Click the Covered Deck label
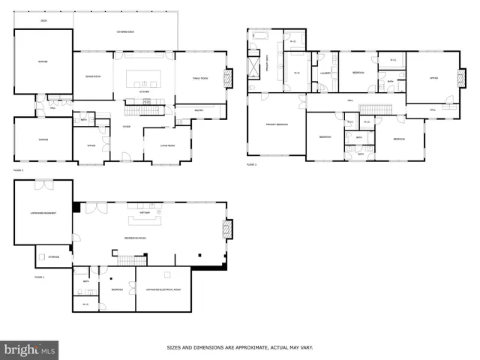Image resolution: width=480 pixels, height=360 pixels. pos(125,32)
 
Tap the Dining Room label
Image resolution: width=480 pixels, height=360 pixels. pos(93,76)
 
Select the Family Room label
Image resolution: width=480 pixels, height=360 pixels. pos(199,78)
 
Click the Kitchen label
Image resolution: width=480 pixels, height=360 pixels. pos(144,92)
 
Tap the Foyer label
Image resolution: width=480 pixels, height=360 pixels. pos(127,127)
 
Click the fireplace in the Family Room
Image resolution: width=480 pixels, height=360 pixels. pos(229,78)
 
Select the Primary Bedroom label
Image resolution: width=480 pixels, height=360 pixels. pos(276,124)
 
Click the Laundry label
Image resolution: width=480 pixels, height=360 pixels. pos(325,73)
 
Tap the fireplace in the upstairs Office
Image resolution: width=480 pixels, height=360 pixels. pos(460,77)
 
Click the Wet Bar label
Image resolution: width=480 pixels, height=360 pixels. pos(136,213)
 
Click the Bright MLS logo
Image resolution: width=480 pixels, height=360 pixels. pos(30,349)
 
